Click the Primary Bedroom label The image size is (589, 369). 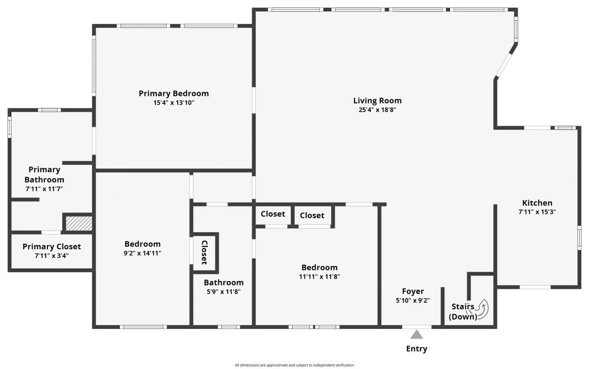coord(173,94)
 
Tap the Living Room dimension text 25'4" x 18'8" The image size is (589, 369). coord(377,110)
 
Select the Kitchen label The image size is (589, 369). coord(537,203)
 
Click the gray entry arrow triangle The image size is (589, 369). coord(416,334)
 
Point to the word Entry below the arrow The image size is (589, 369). coord(416,349)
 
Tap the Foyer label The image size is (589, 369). coord(413,291)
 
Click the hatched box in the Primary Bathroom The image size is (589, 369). coord(79,223)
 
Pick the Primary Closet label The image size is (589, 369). coord(52,246)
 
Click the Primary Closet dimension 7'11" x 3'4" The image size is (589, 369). coord(52,256)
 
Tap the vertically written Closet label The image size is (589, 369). coord(204,252)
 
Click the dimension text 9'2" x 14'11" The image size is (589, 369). coord(142,253)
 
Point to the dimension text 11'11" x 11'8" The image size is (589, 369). coord(319,276)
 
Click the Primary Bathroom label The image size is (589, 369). coord(44,175)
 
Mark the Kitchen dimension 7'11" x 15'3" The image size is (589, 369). coord(537,212)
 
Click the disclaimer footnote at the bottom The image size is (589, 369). coord(294,365)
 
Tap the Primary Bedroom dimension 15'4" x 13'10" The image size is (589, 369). coord(173,103)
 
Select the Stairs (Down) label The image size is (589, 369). coord(463,312)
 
